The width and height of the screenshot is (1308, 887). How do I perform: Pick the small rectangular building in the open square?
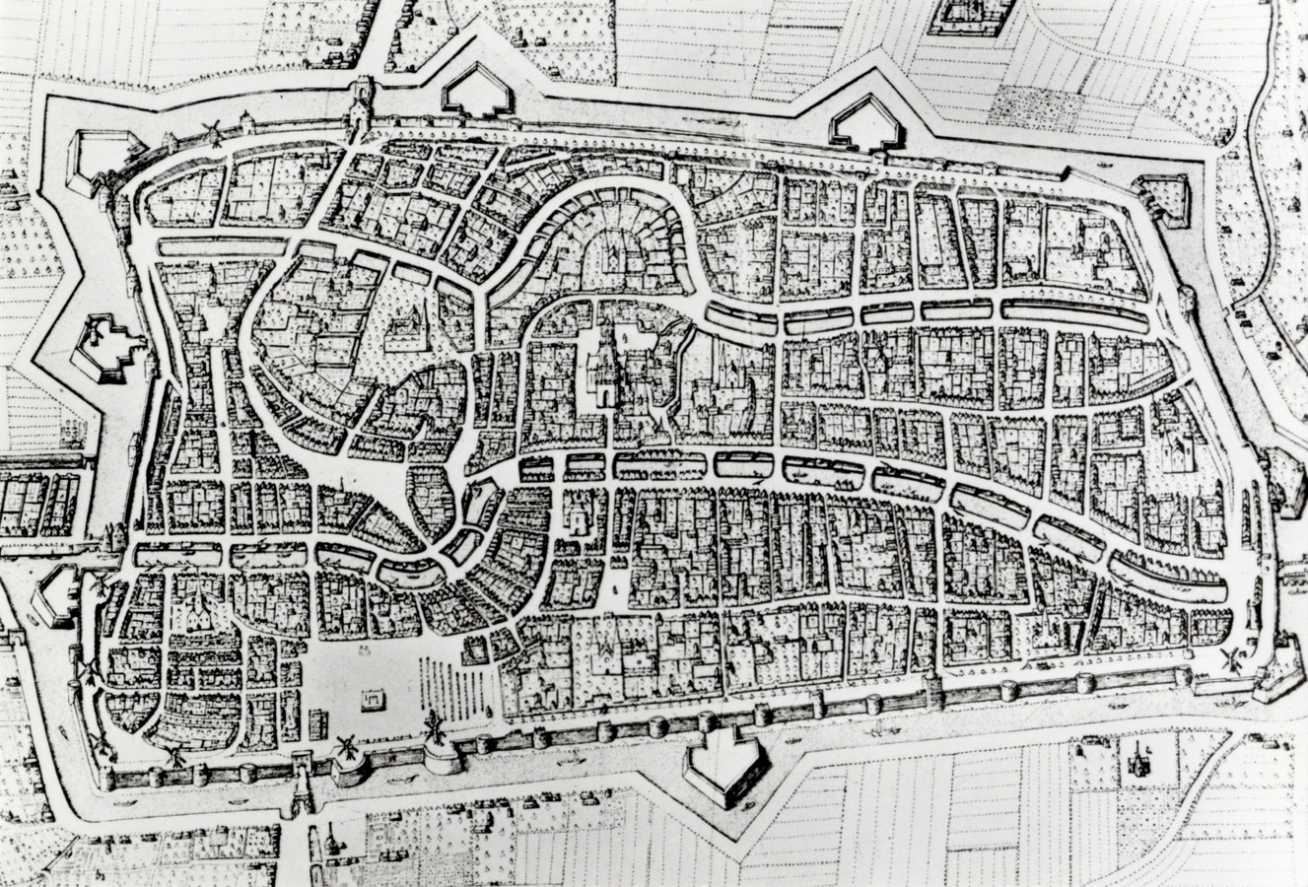(372, 699)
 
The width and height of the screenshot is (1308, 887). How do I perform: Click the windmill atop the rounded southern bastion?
(432, 730)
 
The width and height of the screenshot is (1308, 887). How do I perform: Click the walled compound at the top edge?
(964, 15)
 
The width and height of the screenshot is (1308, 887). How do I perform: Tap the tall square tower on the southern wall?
(931, 690)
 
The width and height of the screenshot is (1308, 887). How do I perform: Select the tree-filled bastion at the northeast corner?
(1162, 197)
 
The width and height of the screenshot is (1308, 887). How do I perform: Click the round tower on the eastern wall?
(1188, 297)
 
